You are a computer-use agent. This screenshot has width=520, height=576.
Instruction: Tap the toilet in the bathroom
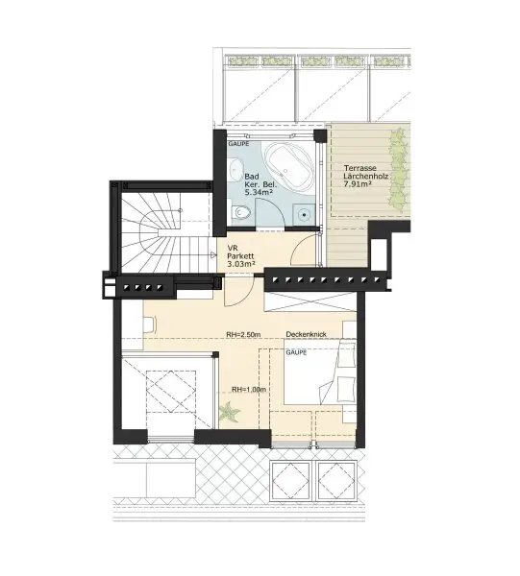(x=241, y=212)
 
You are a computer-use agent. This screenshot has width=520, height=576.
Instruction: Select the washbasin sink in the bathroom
(x=234, y=170)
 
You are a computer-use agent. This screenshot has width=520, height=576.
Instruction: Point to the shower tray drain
(x=304, y=214)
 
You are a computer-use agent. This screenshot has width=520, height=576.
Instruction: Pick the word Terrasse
(x=360, y=168)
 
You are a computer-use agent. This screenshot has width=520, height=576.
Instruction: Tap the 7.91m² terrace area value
(x=358, y=184)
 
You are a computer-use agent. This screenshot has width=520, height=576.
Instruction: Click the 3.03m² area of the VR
(x=241, y=264)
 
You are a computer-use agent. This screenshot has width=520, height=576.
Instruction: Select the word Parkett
(x=240, y=256)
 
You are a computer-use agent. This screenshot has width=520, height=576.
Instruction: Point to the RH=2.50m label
(x=243, y=335)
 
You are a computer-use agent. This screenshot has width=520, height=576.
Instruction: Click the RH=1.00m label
(x=249, y=390)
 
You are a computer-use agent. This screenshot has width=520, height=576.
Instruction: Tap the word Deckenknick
(x=307, y=334)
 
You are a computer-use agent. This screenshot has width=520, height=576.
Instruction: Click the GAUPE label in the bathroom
(x=238, y=144)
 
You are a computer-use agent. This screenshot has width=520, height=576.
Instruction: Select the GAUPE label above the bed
(x=296, y=352)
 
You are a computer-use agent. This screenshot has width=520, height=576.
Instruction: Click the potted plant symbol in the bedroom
(x=229, y=413)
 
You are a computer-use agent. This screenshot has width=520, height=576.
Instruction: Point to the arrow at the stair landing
(x=213, y=255)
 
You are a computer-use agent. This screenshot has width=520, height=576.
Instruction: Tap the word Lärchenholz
(x=366, y=177)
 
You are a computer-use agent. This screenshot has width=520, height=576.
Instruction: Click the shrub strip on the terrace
(x=398, y=170)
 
